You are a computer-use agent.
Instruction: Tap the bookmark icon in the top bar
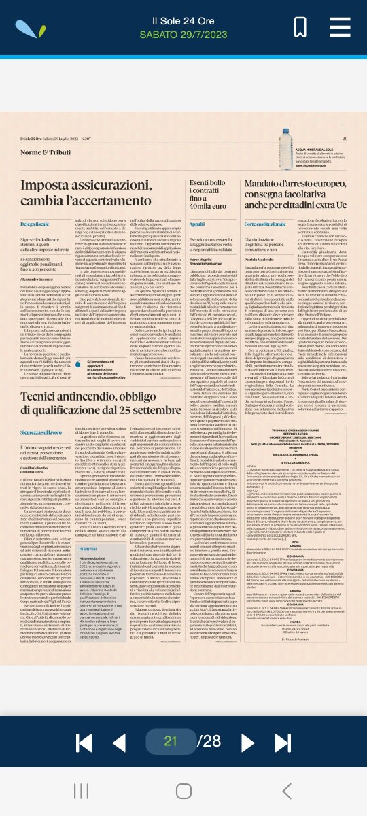(x=299, y=27)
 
